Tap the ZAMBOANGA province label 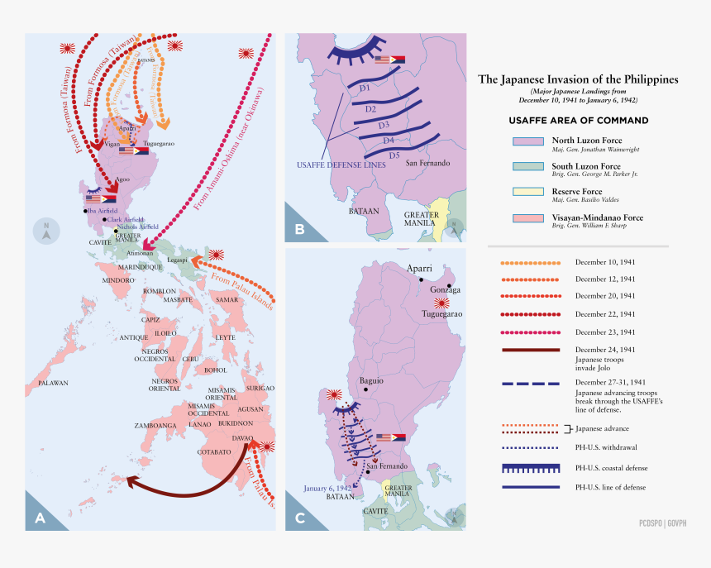156,425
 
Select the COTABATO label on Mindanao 214,452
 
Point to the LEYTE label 225,337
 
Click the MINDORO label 117,281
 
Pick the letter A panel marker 40,518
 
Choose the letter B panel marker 298,229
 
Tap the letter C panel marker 298,518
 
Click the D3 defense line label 384,125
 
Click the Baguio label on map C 371,382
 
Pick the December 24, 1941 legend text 605,349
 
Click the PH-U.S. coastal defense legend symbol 525,468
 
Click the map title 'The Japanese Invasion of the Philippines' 578,79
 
